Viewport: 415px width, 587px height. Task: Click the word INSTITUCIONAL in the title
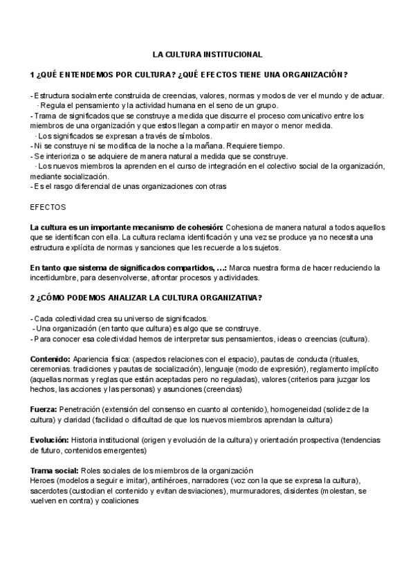point(230,53)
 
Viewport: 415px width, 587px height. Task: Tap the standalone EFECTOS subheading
point(48,206)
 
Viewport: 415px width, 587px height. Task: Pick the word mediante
point(46,177)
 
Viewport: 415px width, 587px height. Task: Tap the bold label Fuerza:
point(44,410)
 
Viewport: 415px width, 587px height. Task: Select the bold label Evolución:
point(49,440)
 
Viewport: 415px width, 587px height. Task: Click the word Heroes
point(43,480)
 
